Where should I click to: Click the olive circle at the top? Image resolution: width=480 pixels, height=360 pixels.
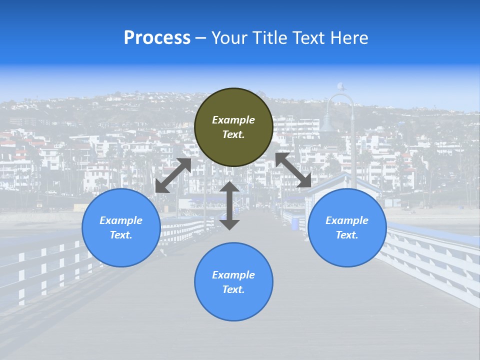coord(233,127)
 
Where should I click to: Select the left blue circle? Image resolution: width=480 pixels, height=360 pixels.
coord(121,227)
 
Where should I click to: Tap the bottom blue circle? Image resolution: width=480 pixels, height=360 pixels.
coord(233,282)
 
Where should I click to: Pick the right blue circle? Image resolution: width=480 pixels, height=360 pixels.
coord(347,227)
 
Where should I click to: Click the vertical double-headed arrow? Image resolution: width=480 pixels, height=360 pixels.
coord(229,205)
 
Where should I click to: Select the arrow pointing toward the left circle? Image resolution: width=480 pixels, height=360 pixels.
coord(173,175)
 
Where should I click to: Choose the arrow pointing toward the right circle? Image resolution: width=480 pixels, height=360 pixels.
coord(293,170)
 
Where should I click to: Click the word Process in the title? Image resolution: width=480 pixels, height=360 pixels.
coord(157,38)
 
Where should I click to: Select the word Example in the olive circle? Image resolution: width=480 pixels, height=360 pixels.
coord(233,120)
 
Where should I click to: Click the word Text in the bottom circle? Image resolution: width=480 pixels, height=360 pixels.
coord(233,289)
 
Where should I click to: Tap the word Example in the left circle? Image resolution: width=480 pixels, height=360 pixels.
coord(121,220)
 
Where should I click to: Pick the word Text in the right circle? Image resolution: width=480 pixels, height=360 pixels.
coord(347,235)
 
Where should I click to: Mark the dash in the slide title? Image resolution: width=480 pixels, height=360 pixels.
coord(201,38)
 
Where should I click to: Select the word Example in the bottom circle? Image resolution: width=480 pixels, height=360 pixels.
coord(233,275)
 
